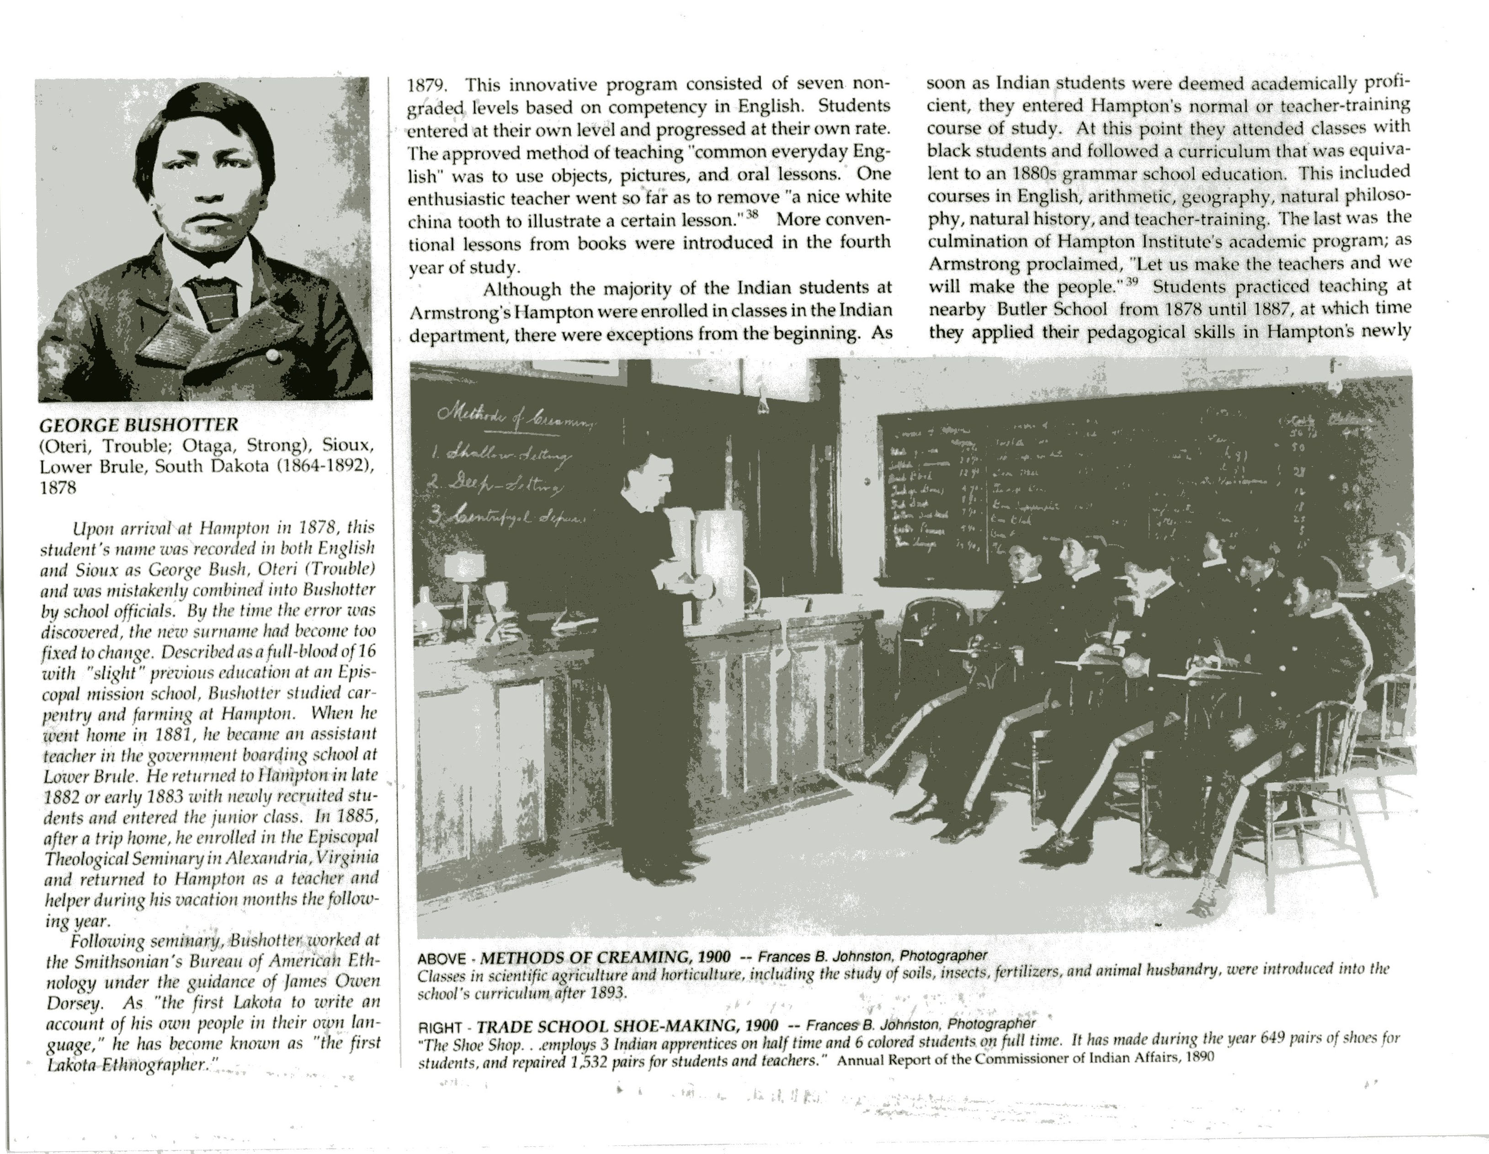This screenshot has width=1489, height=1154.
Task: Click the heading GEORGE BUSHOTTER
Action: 139,425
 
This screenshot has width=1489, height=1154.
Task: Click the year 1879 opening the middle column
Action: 427,86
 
